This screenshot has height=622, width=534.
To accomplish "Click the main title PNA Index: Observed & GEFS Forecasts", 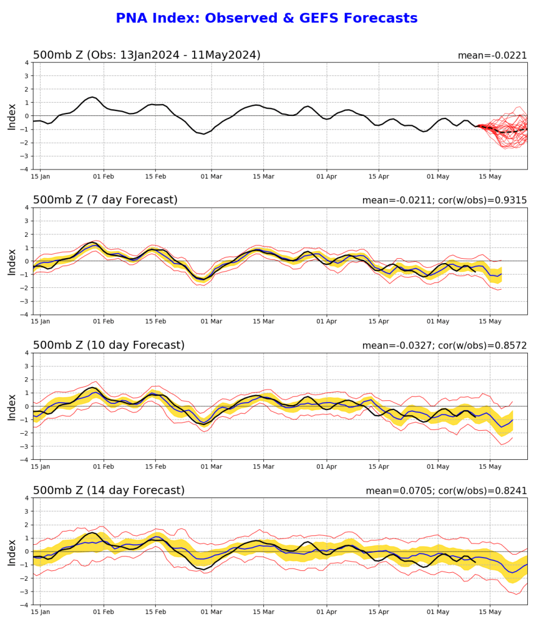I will pos(266,18).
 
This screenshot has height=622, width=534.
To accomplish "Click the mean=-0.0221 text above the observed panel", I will pos(492,55).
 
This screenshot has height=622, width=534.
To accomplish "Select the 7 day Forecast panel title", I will pos(105,200).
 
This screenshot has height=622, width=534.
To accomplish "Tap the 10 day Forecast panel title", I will pos(108,345).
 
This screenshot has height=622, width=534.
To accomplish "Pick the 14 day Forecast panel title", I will pos(108,490).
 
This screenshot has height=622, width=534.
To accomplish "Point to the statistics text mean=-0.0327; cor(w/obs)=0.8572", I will pos(445,346).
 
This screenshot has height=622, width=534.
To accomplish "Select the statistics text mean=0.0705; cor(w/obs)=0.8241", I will pos(446,491).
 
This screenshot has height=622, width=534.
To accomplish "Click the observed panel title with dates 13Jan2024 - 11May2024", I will pos(147,55).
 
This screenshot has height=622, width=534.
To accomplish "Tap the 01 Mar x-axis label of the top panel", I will pos(212,177).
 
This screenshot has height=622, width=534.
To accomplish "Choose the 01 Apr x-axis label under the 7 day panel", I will pos(327,322).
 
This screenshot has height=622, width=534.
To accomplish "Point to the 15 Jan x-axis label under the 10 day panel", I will pos(41,467).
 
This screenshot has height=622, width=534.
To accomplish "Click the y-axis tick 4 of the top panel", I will pos(27,62).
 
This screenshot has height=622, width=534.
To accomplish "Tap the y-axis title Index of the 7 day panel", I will pos(12,261).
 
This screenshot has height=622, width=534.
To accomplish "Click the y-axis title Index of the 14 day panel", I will pos(12,552).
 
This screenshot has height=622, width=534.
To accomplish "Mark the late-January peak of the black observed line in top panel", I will pos(91,97).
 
